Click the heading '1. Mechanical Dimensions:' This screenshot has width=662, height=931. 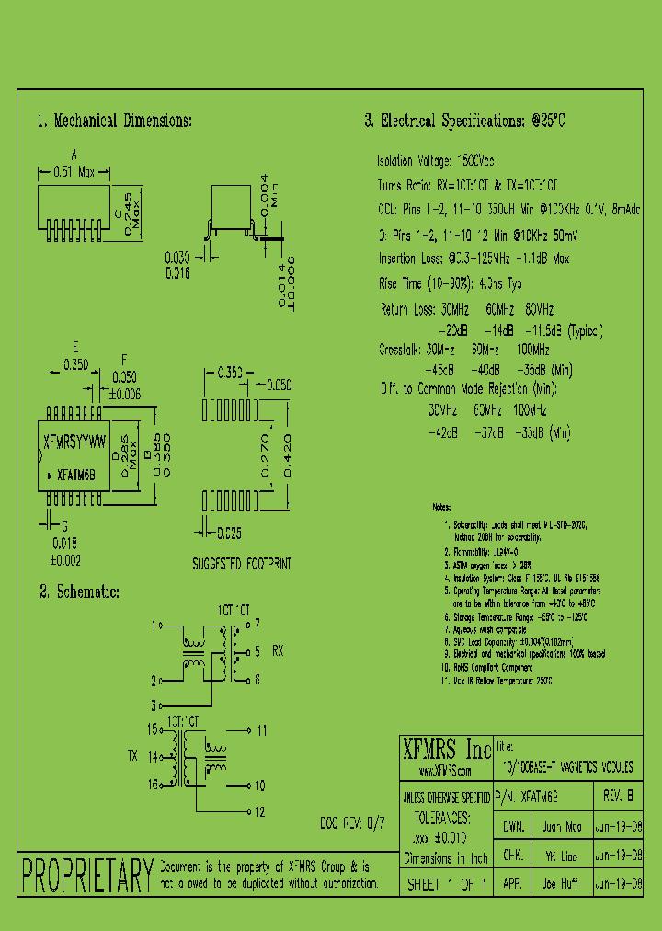[x=114, y=121]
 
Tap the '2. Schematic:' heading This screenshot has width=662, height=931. [x=79, y=592]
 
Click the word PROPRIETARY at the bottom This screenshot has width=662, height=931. [x=87, y=875]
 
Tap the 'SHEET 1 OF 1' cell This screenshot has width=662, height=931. [x=446, y=882]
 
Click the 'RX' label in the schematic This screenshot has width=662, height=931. [x=279, y=651]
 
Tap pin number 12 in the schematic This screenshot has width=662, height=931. [x=261, y=812]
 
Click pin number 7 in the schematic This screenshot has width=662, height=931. [x=257, y=623]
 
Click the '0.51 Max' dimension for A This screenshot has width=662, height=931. [x=74, y=171]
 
